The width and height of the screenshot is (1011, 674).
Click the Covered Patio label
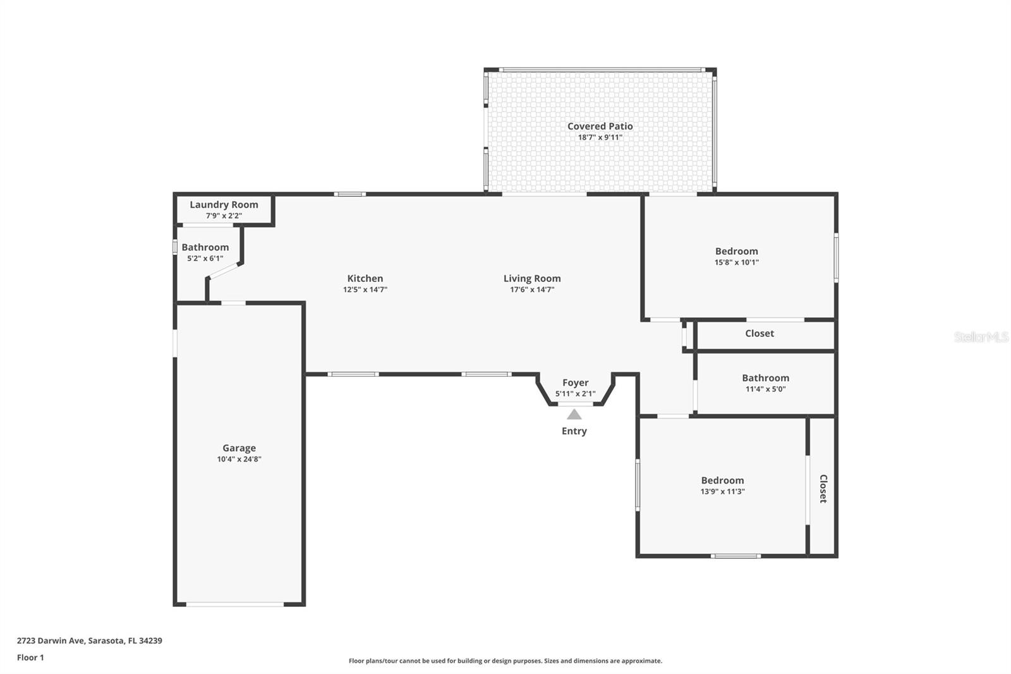point(600,126)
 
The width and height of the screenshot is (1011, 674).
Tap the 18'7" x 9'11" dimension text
point(600,137)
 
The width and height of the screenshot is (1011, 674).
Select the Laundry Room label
point(224,205)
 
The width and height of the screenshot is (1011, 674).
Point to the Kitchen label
point(365,278)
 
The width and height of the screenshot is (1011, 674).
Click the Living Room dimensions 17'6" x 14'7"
point(532,290)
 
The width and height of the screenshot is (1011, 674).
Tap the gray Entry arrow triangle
point(574,414)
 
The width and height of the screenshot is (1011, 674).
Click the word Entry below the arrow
point(574,431)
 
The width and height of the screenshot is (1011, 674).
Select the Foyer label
point(576,383)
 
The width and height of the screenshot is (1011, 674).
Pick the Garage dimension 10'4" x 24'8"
point(239,459)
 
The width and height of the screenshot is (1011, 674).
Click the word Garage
point(239,448)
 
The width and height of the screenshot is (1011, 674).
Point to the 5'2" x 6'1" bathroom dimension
point(205,259)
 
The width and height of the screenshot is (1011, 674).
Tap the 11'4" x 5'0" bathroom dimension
point(766,389)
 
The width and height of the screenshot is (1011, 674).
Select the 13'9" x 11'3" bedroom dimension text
point(723,491)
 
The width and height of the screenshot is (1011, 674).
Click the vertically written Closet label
point(823,489)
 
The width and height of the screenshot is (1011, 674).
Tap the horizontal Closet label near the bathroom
point(760,333)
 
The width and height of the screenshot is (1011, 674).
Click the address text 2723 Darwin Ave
point(51,640)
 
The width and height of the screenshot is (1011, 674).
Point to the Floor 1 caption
point(31,658)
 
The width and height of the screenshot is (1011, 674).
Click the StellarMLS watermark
point(981,337)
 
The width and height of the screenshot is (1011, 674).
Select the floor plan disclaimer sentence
point(505,661)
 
